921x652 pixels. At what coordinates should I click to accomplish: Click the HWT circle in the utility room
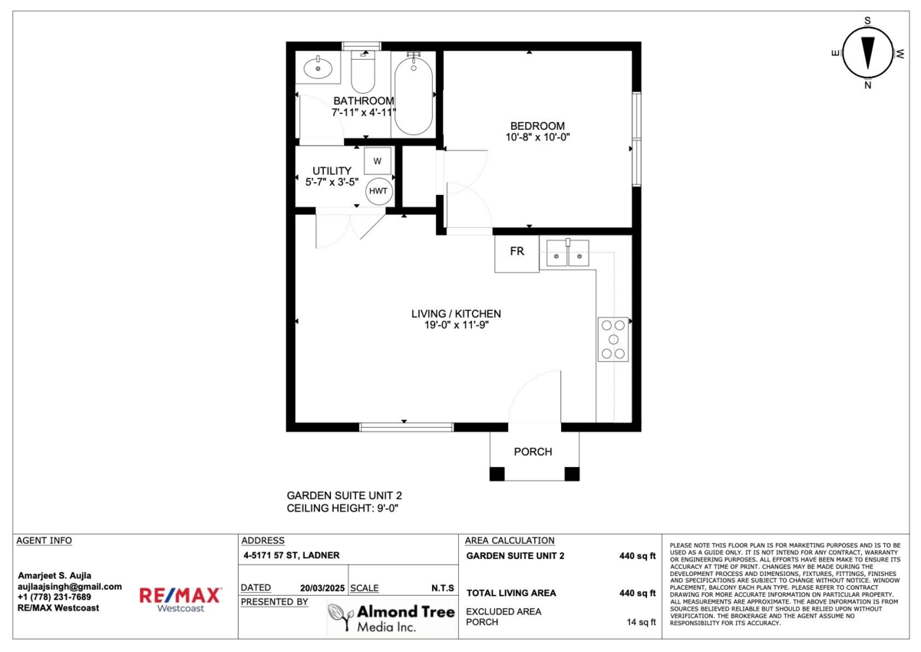point(378,191)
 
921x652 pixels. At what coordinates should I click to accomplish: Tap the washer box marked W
point(377,161)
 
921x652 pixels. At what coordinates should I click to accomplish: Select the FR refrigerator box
point(517,253)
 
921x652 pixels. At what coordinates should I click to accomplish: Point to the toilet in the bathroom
point(362,72)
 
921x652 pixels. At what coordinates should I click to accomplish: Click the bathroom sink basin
point(318,68)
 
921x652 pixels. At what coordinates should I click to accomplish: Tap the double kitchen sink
point(567,253)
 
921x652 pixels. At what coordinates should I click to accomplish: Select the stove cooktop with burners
point(612,339)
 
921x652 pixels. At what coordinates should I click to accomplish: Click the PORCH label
point(533,452)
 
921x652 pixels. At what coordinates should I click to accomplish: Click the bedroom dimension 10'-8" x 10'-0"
point(537,137)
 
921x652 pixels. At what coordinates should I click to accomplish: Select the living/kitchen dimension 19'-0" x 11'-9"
point(457,325)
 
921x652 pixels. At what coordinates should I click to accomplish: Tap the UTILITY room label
point(332,170)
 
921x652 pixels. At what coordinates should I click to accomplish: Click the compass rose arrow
point(867,53)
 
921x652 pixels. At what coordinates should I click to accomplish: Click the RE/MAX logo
point(180,599)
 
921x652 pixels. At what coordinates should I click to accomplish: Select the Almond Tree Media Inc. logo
point(391,617)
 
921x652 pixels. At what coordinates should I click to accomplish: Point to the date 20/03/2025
point(322,588)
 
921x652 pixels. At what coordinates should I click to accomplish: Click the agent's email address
point(70,587)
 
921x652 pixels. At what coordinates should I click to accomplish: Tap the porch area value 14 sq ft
point(641,622)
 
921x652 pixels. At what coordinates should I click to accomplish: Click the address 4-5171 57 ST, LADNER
point(292,555)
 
